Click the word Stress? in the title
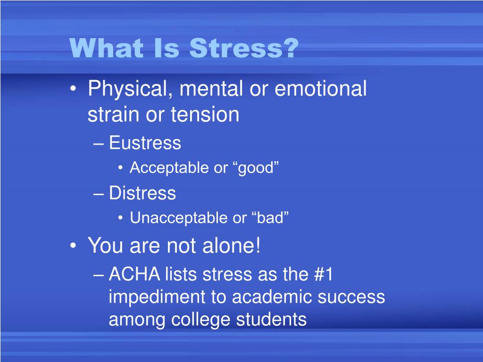tap(244, 48)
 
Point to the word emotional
tap(320, 89)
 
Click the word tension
tap(205, 115)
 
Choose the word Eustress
tap(145, 143)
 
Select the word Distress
tap(142, 193)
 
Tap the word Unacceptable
tap(179, 218)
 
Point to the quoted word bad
tap(270, 218)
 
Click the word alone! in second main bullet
tap(231, 246)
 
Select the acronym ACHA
tap(134, 274)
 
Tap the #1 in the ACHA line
tap(324, 274)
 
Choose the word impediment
tap(157, 297)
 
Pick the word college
tap(200, 320)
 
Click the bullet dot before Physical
tap(73, 89)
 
